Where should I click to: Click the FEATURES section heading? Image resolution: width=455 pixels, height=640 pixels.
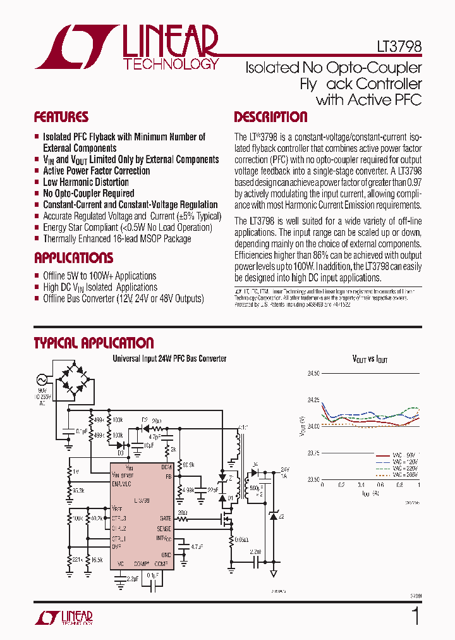[61, 117]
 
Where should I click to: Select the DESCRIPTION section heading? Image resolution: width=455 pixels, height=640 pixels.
[270, 117]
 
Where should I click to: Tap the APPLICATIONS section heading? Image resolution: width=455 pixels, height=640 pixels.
[73, 258]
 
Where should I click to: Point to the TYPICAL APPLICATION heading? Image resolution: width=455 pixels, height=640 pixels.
[94, 343]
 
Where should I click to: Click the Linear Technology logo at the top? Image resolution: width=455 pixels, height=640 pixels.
[126, 47]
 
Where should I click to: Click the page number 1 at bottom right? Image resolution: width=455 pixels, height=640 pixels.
[415, 616]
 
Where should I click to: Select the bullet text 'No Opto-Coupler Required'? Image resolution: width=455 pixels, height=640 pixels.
[88, 194]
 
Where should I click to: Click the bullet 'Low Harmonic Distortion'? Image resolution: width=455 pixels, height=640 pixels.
[86, 182]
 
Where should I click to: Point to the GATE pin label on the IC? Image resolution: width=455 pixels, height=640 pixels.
[164, 518]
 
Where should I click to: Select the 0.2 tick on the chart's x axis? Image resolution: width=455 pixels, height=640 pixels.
[342, 485]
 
